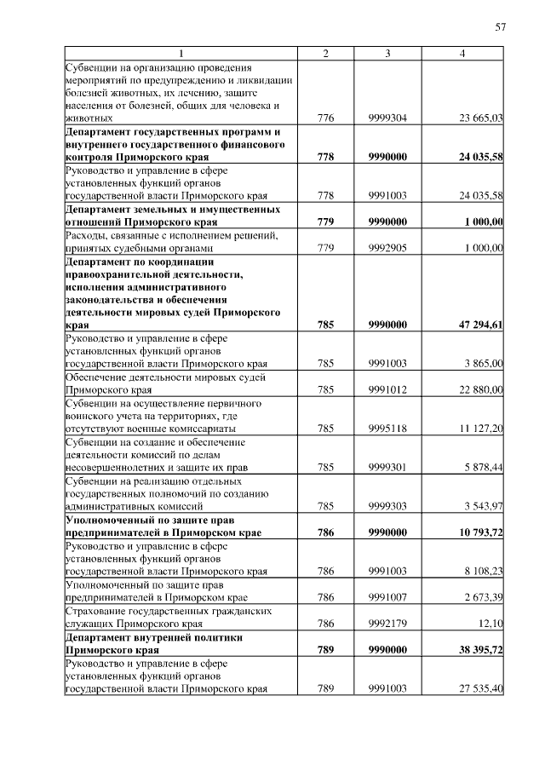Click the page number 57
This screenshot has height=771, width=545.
(x=501, y=28)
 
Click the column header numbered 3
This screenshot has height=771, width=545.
(x=387, y=54)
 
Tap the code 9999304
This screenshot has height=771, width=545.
(x=387, y=118)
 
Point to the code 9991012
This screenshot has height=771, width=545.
(x=387, y=389)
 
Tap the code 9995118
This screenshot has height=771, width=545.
(x=387, y=428)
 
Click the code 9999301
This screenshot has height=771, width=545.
(x=387, y=467)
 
